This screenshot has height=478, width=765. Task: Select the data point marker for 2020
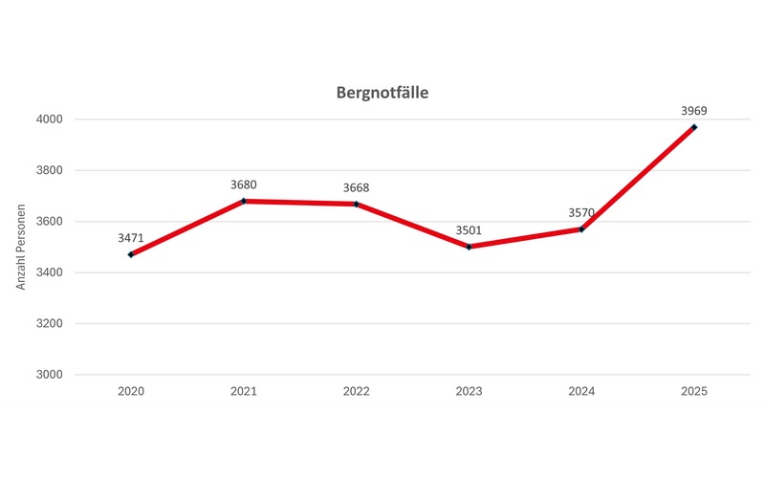point(131,254)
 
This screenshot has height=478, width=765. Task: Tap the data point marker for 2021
point(244,201)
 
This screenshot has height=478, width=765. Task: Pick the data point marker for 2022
point(357,204)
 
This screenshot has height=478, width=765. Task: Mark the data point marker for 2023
point(469,247)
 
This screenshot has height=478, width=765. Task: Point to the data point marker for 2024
point(581,229)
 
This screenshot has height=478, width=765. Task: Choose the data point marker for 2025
point(694,127)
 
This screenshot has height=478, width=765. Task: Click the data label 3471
point(131,236)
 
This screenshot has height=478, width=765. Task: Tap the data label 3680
point(244,184)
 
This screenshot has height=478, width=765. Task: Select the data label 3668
point(357,186)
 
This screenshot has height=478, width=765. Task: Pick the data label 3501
point(469,229)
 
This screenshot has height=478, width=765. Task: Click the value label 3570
point(581,211)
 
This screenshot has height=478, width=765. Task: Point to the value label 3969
point(694,110)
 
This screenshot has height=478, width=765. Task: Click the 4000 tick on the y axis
point(50,119)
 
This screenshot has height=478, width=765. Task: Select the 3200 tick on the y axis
point(50,323)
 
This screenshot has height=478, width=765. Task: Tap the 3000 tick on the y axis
point(50,375)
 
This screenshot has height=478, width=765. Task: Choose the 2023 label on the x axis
point(469,392)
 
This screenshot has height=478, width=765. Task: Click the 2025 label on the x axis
point(694,392)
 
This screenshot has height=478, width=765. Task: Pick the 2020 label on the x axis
point(131,392)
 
